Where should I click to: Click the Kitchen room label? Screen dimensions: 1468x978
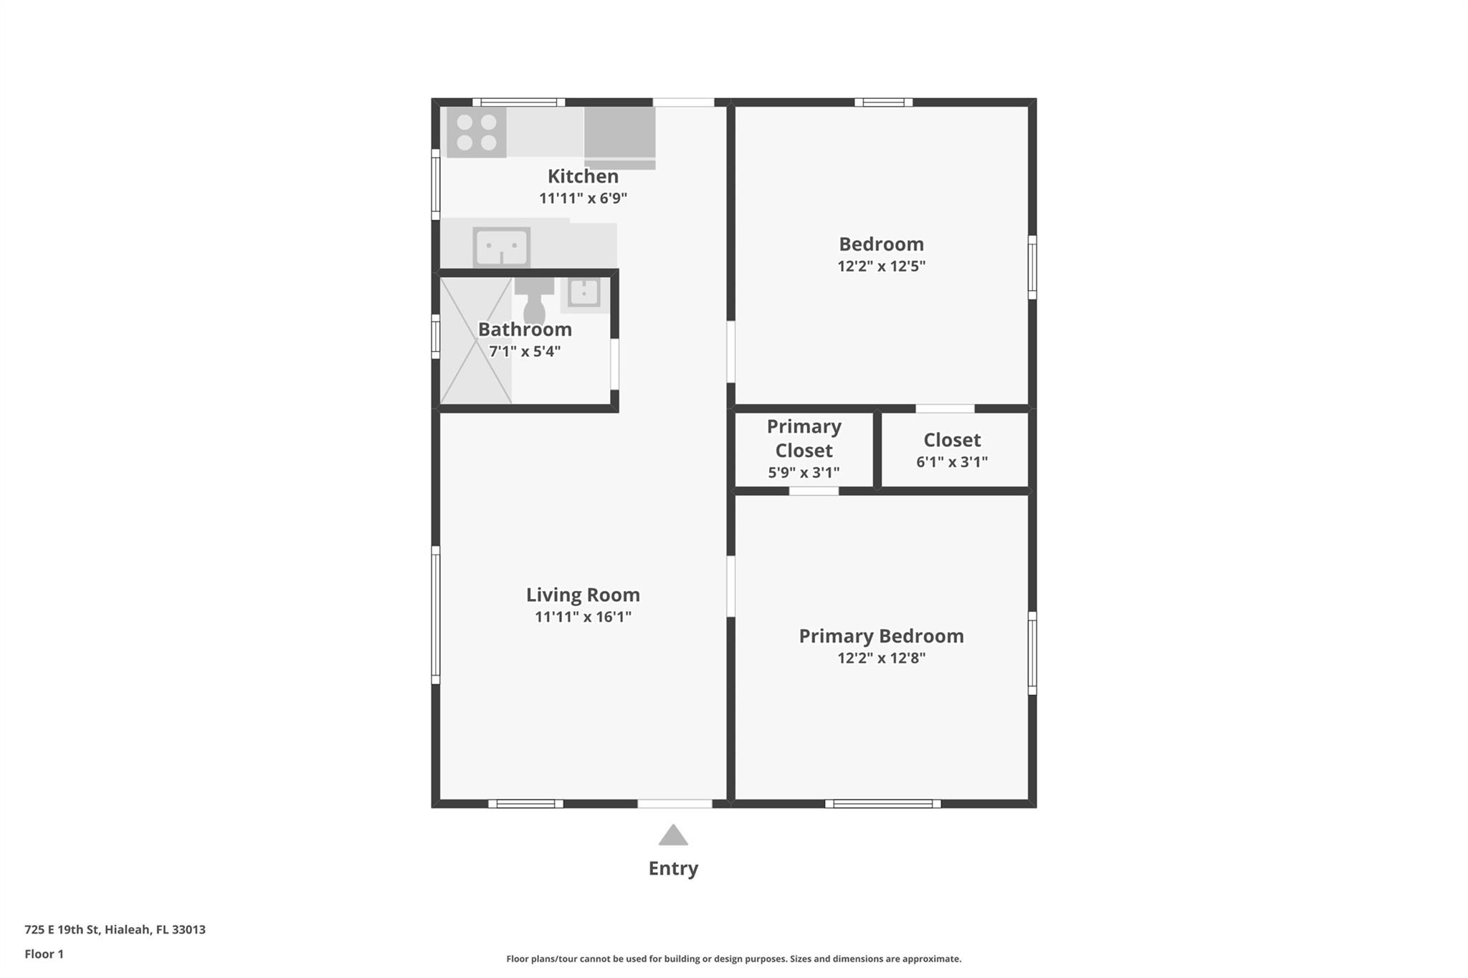click(x=583, y=176)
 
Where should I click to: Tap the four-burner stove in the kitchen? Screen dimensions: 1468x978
click(x=477, y=133)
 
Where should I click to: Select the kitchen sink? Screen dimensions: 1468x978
click(x=502, y=247)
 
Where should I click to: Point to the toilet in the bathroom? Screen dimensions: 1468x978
click(x=534, y=301)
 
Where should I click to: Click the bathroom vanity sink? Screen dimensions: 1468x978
click(x=584, y=293)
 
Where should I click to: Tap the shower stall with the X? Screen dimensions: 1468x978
click(x=476, y=341)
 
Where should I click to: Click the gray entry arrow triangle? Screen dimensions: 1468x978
click(x=673, y=835)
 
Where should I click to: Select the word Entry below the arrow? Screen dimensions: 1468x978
click(x=673, y=868)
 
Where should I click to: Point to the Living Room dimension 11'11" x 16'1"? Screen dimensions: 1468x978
click(x=583, y=617)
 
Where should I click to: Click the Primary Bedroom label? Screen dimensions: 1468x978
click(x=881, y=636)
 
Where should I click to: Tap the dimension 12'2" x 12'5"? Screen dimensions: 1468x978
click(x=881, y=267)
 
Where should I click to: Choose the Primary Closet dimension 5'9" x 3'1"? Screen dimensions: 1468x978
click(x=804, y=473)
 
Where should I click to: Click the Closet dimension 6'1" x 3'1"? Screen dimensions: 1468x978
click(x=952, y=462)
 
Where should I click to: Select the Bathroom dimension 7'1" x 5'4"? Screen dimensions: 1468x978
click(x=525, y=352)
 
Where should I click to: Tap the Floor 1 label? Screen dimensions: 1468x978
click(x=44, y=954)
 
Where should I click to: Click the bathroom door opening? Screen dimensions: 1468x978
click(x=614, y=364)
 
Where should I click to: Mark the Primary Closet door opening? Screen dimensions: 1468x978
click(x=814, y=491)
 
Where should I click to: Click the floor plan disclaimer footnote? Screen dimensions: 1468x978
click(x=734, y=959)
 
